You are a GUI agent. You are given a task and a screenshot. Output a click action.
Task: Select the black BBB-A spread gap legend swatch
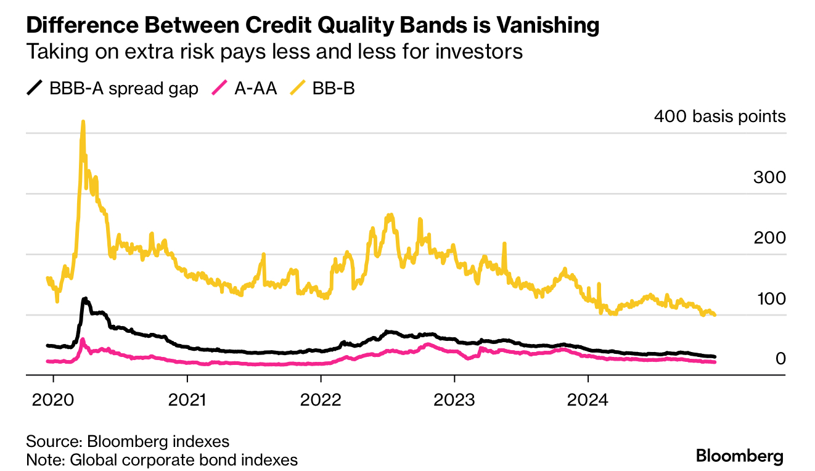coord(35,88)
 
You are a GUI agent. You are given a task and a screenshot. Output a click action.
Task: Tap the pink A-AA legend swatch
coord(220,88)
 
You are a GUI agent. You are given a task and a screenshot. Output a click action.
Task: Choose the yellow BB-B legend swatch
coord(298,88)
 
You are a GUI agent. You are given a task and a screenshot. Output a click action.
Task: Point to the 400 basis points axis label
coord(719,117)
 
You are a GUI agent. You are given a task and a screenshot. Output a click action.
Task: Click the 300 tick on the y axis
coord(769,178)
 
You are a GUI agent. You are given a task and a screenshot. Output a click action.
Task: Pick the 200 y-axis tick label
coord(769,238)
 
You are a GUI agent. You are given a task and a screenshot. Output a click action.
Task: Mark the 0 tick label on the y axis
coord(780,359)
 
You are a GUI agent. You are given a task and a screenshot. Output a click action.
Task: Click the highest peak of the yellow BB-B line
coord(83,122)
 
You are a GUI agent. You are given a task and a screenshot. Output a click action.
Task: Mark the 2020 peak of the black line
coord(84,299)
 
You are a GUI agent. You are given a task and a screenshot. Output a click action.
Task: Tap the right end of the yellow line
coord(715,314)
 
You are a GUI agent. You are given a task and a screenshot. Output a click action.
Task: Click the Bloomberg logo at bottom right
coord(739,456)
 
